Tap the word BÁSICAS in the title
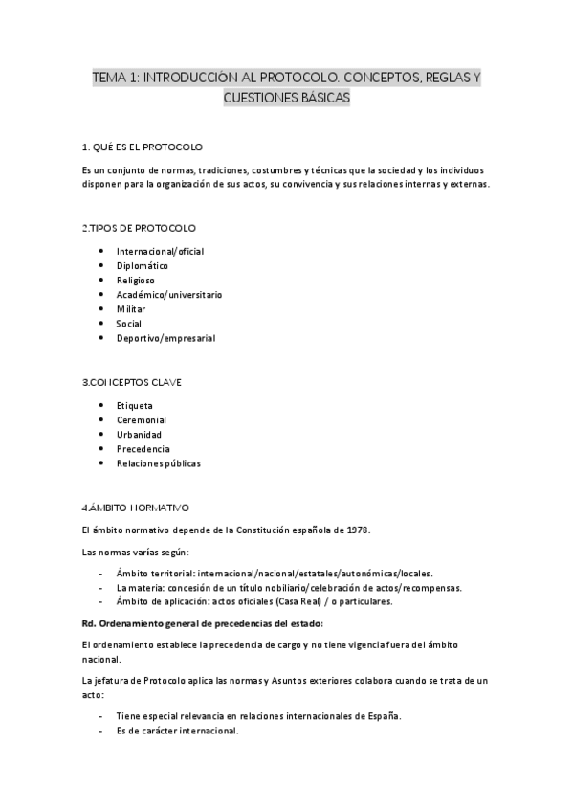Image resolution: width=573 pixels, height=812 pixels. (320, 98)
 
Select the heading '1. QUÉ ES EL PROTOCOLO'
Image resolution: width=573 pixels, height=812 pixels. (143, 147)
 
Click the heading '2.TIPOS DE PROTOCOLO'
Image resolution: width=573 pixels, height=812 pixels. (140, 228)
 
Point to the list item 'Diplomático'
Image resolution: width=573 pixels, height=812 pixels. (143, 265)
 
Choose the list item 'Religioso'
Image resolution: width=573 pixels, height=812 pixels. (136, 280)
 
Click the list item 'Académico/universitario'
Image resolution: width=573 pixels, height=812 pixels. (169, 295)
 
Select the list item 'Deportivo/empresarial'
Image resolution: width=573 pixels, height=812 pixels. (165, 338)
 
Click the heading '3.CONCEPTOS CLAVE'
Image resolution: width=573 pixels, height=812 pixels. (133, 383)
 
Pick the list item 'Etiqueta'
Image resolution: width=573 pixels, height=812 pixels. (135, 405)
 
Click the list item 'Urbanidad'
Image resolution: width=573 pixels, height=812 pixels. (139, 434)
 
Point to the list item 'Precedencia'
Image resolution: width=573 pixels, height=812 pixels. (143, 448)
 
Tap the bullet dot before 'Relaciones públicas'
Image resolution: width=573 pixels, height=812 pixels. (102, 463)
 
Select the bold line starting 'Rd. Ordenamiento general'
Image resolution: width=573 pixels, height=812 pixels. (204, 622)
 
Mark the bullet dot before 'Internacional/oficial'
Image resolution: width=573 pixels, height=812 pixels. (102, 251)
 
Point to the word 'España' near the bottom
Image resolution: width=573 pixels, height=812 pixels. (385, 716)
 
